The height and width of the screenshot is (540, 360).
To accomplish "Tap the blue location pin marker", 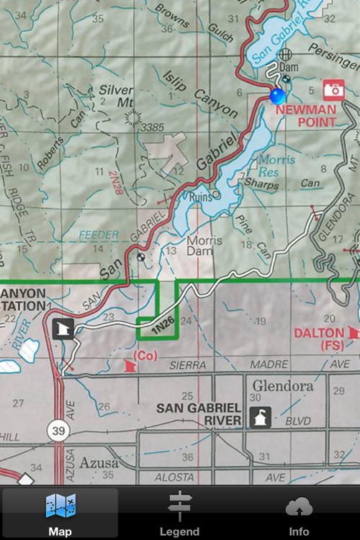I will click(277, 96).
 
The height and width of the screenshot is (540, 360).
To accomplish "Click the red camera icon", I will click(333, 89).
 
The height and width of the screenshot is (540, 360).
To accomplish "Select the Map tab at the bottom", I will click(60, 513).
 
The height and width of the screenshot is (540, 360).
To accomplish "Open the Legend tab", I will click(180, 513).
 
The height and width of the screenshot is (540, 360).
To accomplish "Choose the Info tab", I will click(299, 513).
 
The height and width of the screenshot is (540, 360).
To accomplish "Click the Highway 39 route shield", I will click(59, 431).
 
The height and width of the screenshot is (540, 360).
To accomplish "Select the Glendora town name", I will click(282, 386).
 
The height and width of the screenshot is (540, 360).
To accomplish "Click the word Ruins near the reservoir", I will click(200, 196).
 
